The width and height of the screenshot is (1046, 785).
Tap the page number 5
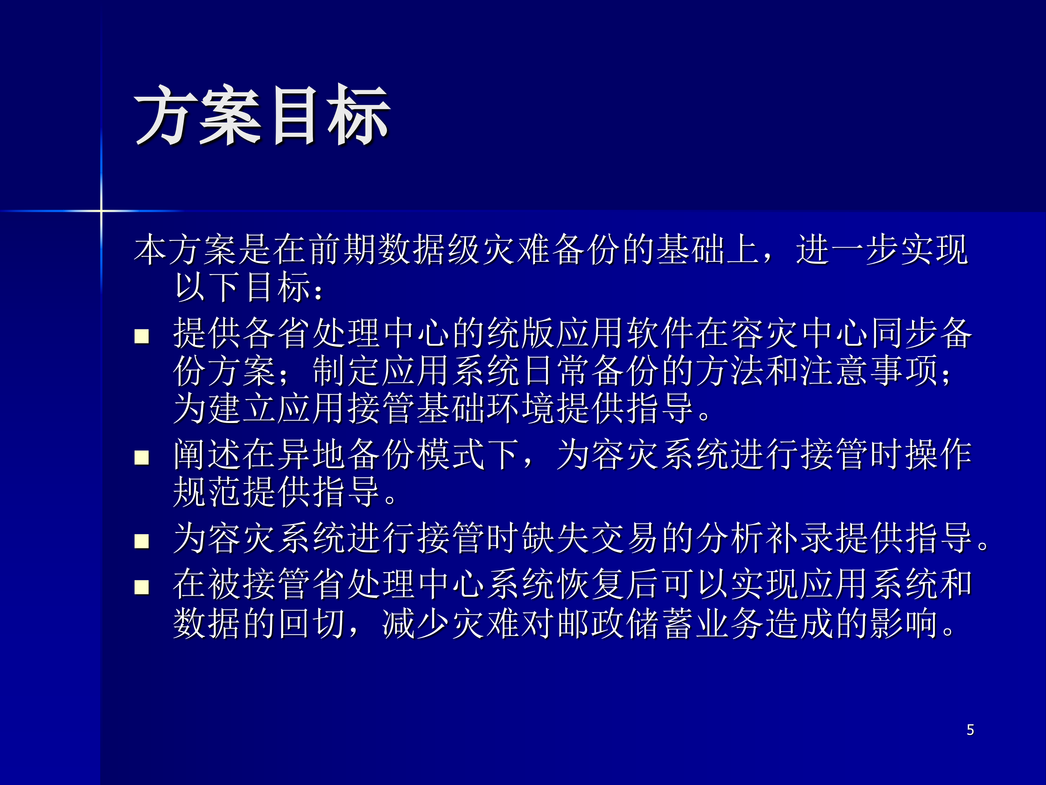pos(970,730)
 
